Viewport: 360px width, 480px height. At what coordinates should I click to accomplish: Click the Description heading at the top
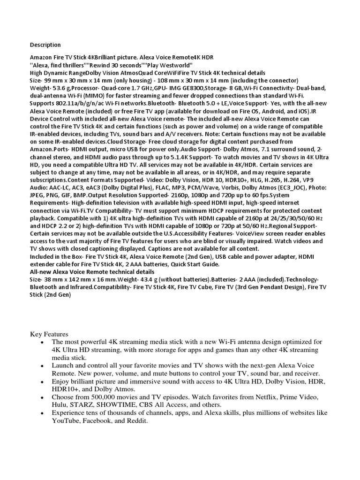pyautogui.click(x=45, y=45)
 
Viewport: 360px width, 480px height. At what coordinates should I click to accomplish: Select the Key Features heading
pyautogui.click(x=49, y=334)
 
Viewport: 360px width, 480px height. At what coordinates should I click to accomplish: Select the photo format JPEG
pyautogui.click(x=38, y=195)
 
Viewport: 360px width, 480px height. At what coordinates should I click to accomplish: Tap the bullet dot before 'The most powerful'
pyautogui.click(x=42, y=343)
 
